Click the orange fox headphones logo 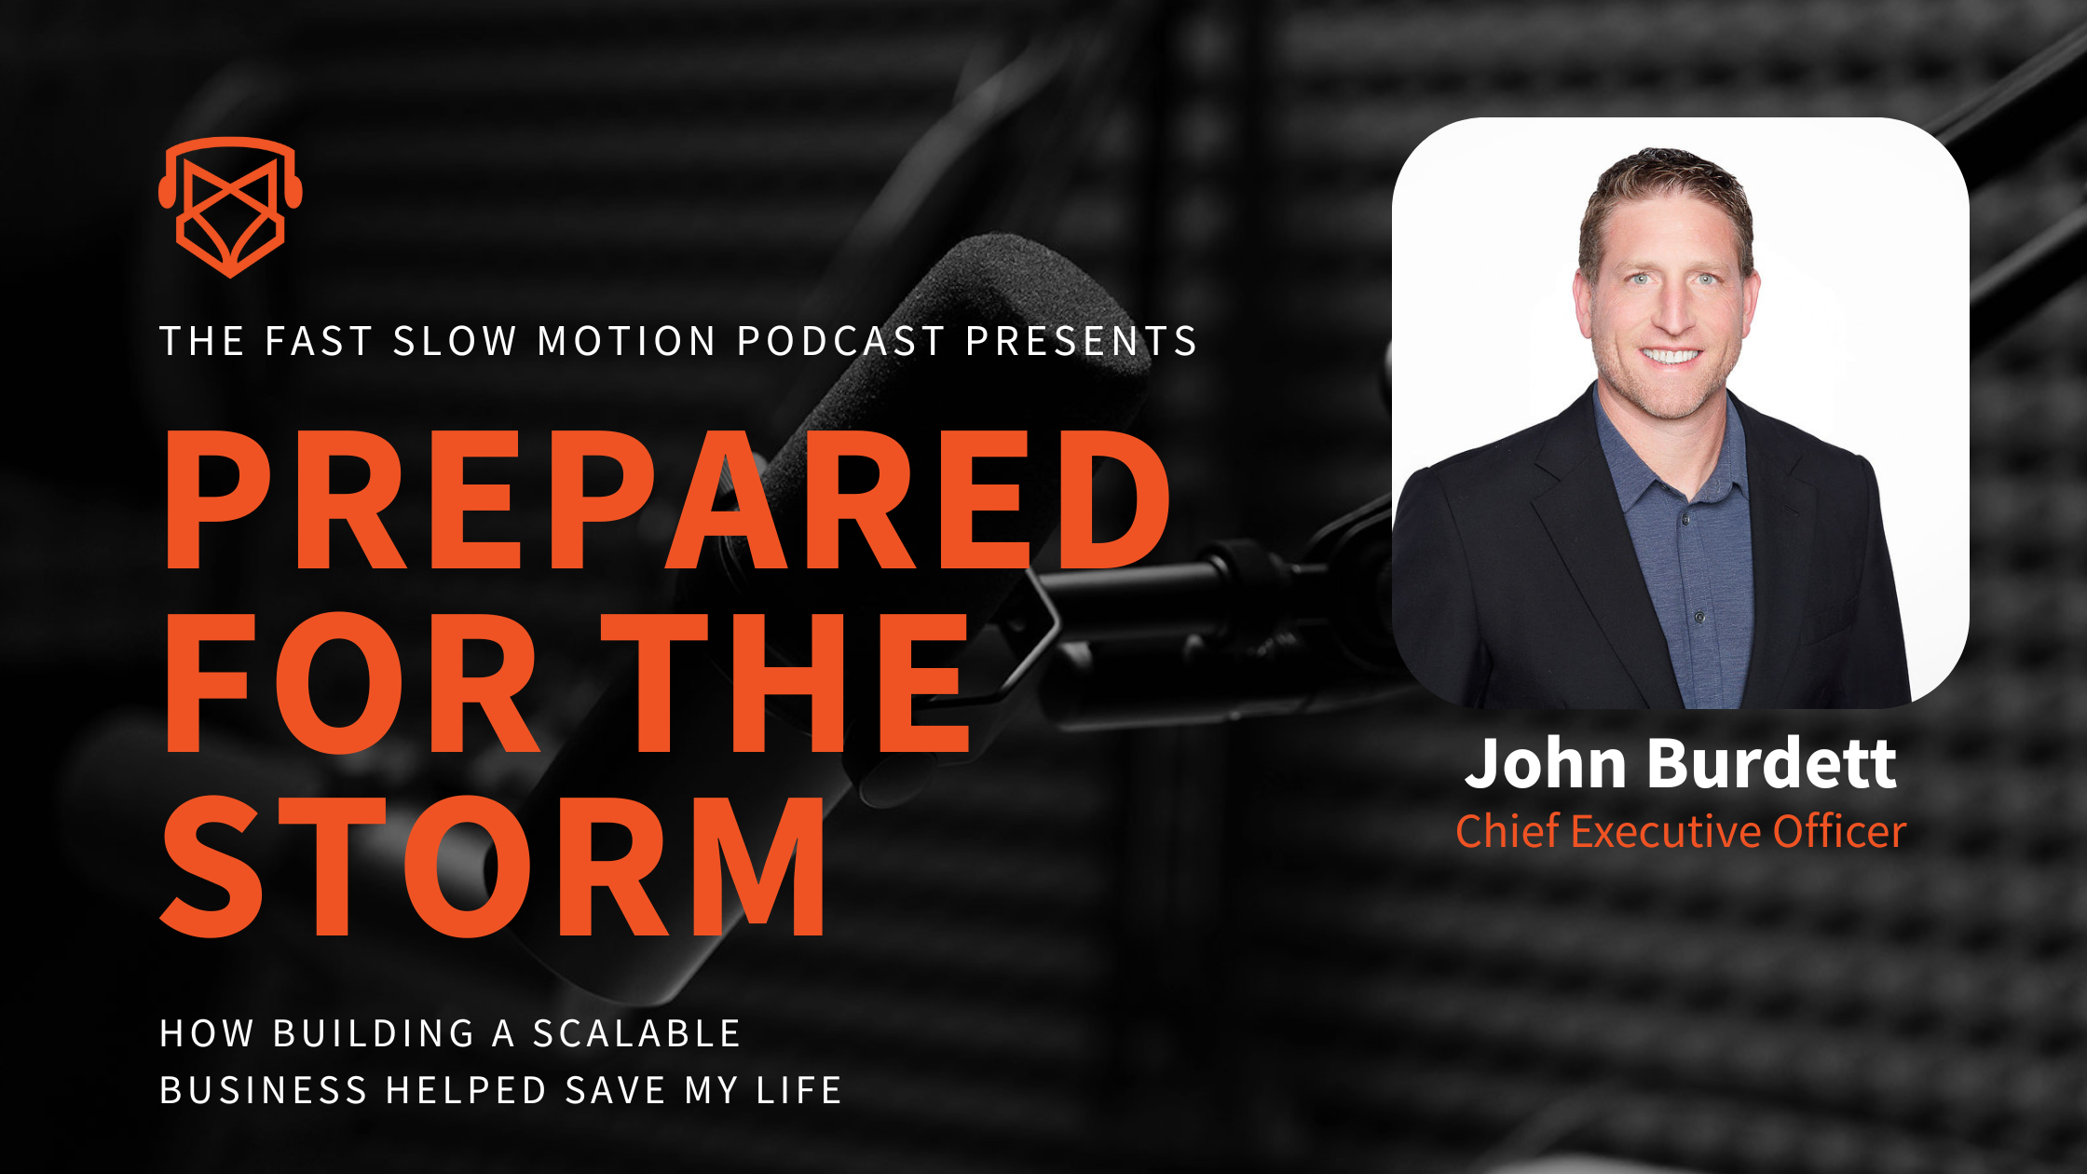point(230,207)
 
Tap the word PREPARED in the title point(666,499)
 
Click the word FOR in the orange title point(351,683)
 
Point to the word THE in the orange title point(785,683)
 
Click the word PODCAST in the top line point(840,341)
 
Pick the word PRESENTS point(1081,341)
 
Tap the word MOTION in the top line point(627,341)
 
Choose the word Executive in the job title point(1666,831)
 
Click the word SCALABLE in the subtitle point(636,1034)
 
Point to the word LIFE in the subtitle point(799,1090)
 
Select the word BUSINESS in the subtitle point(264,1090)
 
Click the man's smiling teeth point(1671,356)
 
